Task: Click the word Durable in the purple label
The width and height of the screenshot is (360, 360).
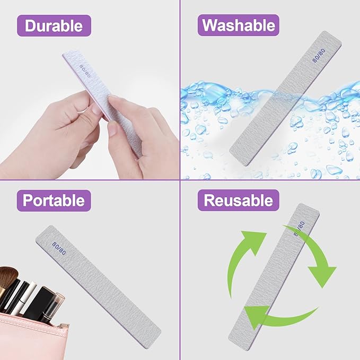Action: coord(54,25)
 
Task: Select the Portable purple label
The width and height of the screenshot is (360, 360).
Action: coord(54,200)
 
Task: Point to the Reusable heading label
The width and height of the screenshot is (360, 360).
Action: coord(238,200)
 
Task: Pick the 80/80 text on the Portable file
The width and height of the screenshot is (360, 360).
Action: coord(59,247)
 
